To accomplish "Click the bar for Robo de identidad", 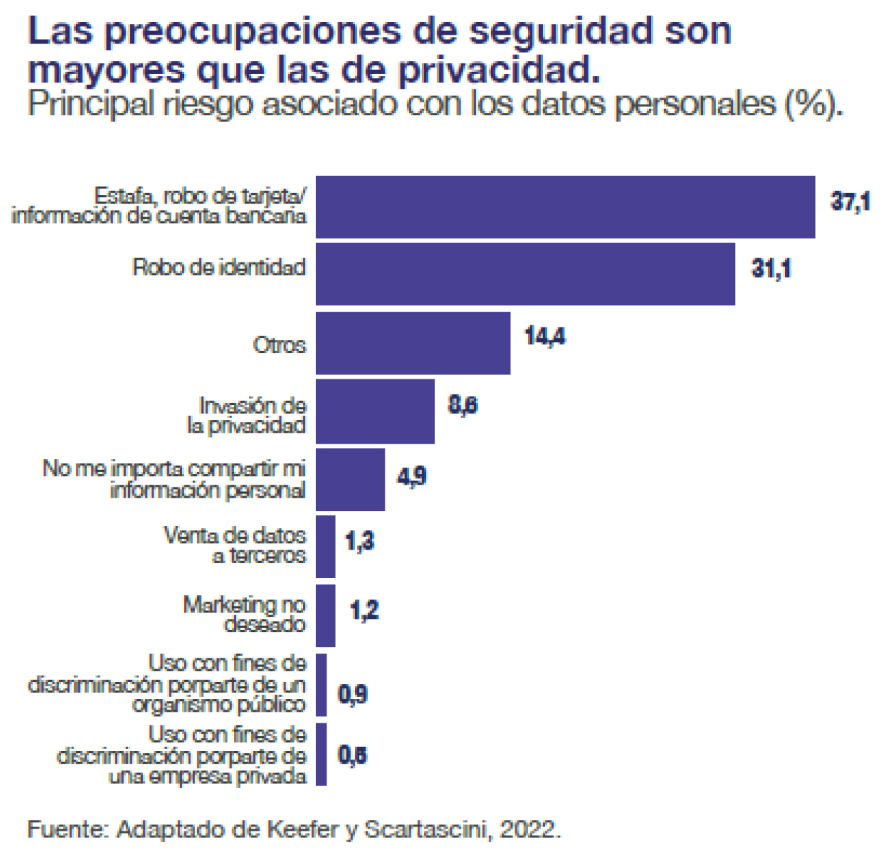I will click(525, 273).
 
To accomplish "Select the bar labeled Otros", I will click(413, 343).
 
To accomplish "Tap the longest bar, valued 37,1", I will click(565, 207).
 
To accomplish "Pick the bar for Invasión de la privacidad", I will click(375, 411).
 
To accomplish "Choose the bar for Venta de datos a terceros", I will click(325, 546).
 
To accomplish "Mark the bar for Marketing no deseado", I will click(325, 615).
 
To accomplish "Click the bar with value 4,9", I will click(350, 479).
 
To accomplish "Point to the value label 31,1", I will click(771, 268).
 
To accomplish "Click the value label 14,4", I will click(544, 336).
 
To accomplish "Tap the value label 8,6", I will click(462, 405).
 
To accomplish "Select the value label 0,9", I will click(352, 694).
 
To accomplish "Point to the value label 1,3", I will click(359, 541).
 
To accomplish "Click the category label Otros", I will click(279, 345).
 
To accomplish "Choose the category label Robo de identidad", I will click(219, 267).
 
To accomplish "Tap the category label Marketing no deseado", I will click(244, 614).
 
